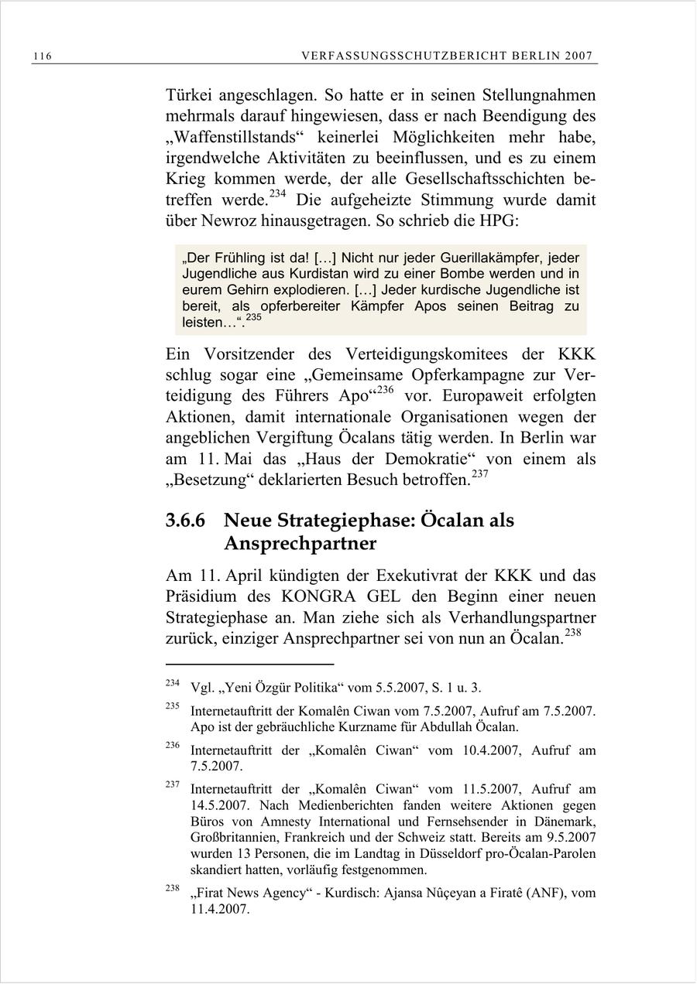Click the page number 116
(x=43, y=56)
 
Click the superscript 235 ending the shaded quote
(x=254, y=318)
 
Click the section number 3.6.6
(x=185, y=521)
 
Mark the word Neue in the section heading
(x=250, y=521)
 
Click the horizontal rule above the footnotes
(x=249, y=664)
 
